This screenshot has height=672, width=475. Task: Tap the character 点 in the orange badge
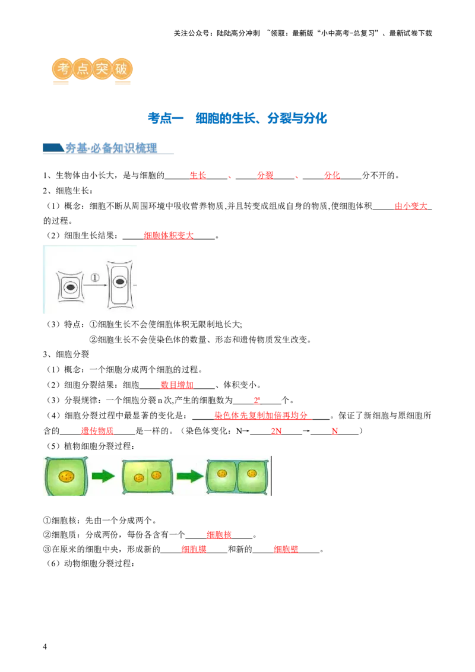[82, 69]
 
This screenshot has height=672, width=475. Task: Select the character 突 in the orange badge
[102, 69]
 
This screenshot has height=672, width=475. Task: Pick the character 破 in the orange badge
[121, 69]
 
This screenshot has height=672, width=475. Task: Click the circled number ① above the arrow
[94, 277]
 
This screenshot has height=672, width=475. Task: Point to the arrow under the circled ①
[94, 286]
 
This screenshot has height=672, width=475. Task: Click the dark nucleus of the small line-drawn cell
[71, 288]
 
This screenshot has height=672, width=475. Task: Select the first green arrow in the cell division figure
[104, 476]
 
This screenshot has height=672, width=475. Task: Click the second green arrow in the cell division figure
[190, 476]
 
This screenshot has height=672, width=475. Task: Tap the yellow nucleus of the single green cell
[66, 476]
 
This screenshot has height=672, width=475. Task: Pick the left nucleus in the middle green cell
[139, 477]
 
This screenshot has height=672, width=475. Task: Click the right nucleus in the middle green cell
[156, 475]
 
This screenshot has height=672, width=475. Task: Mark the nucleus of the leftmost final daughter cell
[223, 473]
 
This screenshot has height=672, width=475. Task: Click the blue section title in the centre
[237, 119]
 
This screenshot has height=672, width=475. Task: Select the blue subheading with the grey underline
[110, 148]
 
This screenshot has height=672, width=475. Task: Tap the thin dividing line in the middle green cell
[148, 476]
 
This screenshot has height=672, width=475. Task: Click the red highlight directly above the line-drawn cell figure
[169, 236]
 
